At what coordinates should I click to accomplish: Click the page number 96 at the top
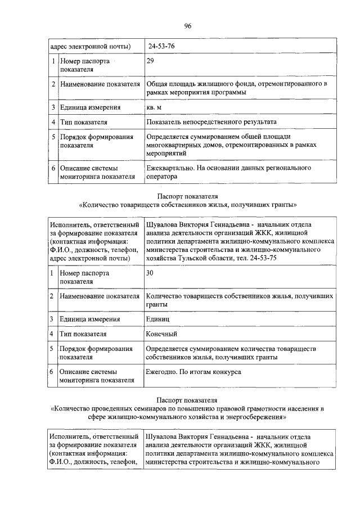187,25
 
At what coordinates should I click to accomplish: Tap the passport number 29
150,60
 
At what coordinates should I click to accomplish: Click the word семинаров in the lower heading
145,409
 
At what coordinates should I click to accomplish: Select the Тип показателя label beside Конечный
83,334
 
